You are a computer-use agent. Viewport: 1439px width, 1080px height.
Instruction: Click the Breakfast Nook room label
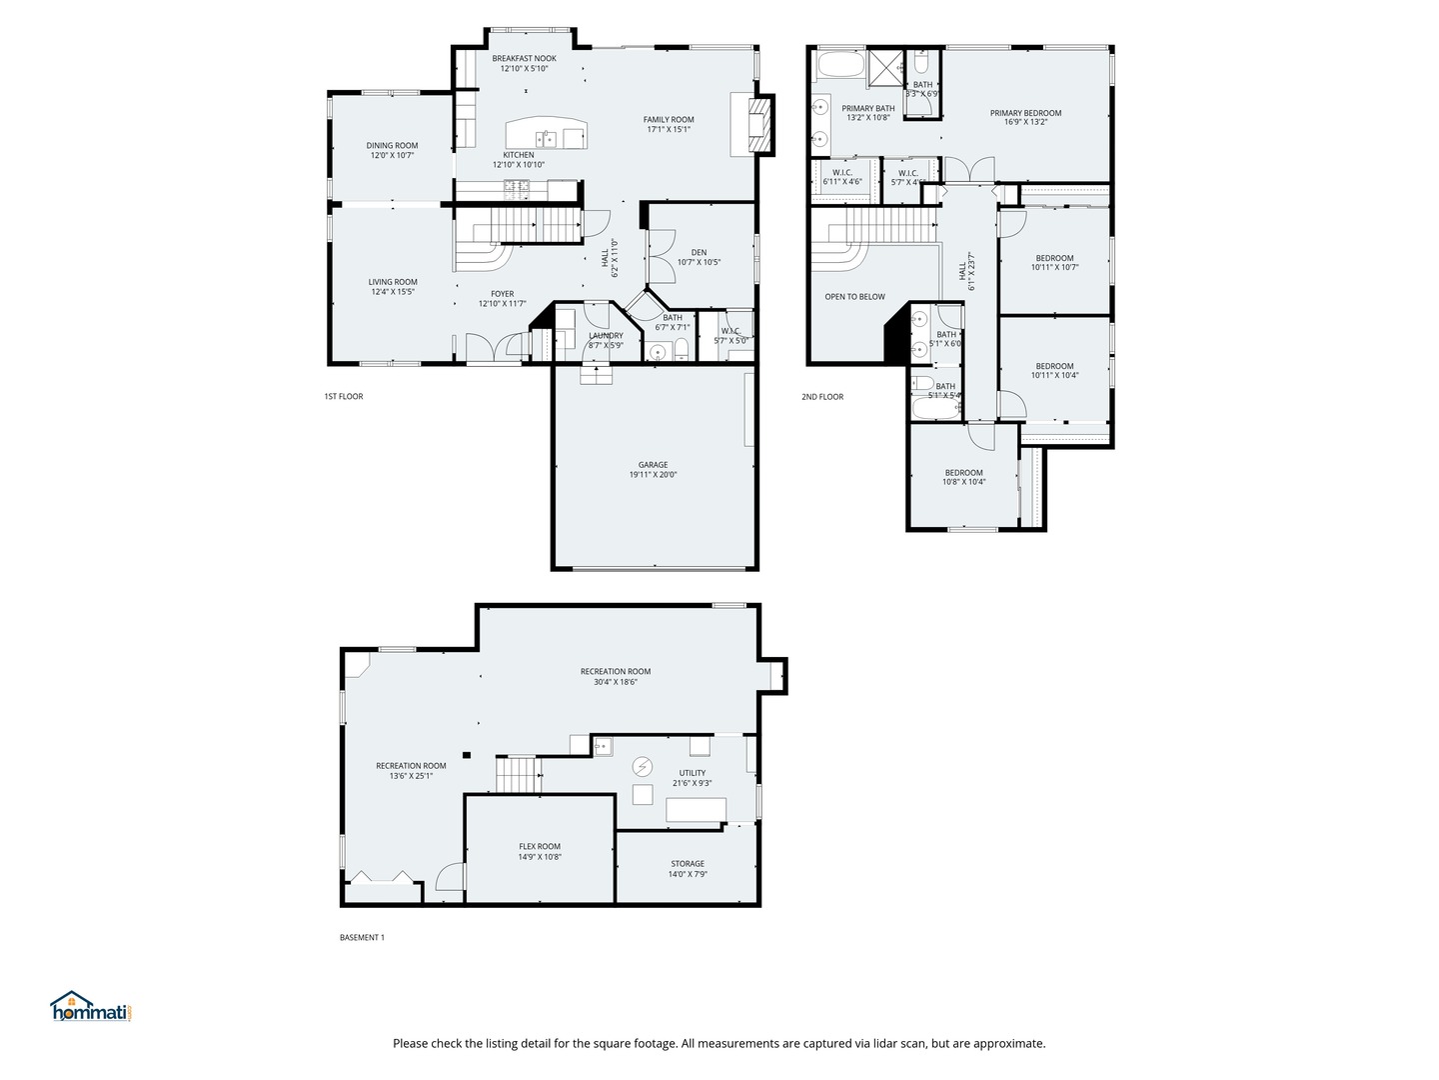[524, 58]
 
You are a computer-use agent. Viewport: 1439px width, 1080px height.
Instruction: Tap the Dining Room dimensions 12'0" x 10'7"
[392, 156]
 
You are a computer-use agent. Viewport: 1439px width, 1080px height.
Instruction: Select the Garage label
[653, 465]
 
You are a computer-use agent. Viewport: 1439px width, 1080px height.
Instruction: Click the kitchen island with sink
[546, 134]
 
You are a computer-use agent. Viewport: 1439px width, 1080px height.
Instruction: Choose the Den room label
[699, 252]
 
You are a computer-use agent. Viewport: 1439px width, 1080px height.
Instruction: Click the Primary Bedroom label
[1025, 113]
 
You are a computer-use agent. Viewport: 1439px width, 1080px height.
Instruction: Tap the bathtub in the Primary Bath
[840, 67]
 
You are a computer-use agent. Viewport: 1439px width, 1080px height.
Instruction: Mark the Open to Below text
[854, 297]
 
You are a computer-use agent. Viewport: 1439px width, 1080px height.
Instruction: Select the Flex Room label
[540, 846]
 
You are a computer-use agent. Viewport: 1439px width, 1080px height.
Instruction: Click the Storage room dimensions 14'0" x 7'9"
[688, 874]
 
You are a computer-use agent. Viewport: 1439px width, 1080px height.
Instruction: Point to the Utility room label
[692, 772]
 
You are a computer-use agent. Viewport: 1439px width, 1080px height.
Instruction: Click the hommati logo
[91, 1007]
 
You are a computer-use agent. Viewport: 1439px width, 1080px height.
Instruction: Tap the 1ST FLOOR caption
[344, 397]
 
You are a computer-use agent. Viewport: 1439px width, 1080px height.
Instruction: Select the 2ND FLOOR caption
[822, 397]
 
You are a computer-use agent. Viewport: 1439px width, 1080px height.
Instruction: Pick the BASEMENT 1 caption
[362, 938]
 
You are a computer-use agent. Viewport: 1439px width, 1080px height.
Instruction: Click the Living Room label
[393, 282]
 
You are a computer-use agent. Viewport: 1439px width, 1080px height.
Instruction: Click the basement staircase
[518, 775]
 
